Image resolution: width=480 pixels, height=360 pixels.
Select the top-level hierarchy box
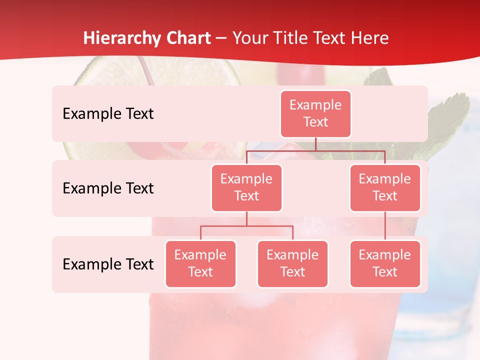tap(315, 113)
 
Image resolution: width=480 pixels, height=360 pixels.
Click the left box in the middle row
tap(246, 187)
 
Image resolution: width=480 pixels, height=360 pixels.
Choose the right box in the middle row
tap(385, 187)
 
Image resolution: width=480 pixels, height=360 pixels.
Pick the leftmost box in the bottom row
tap(200, 263)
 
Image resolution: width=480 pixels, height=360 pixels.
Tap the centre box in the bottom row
tap(292, 263)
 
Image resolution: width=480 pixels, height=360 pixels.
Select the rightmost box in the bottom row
tap(385, 263)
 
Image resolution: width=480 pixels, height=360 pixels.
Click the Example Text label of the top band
tap(108, 114)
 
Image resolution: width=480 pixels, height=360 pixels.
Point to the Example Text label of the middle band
tap(108, 188)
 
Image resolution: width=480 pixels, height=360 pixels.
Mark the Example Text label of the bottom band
tap(108, 264)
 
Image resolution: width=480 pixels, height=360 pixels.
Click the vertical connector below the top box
tap(315, 144)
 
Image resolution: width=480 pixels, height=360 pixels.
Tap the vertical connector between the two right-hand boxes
tap(385, 225)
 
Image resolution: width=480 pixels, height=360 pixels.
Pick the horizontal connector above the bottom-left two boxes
tap(246, 226)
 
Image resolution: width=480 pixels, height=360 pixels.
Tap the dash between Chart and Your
tap(221, 38)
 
